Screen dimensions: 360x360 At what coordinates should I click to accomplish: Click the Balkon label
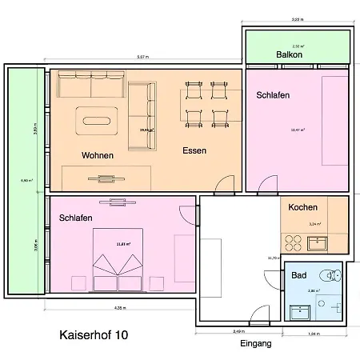click(288, 56)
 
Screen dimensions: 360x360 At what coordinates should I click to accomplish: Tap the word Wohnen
click(97, 154)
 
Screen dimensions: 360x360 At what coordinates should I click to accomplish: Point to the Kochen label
click(302, 207)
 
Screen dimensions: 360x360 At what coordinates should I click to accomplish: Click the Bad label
click(298, 274)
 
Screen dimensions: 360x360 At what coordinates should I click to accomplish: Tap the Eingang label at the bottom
click(256, 344)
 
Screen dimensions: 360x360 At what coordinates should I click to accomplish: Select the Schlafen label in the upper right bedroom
click(273, 95)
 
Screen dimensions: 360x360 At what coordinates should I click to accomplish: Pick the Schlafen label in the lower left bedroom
click(75, 218)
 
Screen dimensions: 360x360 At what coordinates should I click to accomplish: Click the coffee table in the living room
click(98, 122)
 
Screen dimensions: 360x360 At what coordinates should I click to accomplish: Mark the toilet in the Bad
click(334, 276)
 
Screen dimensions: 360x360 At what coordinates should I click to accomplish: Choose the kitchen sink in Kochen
click(316, 238)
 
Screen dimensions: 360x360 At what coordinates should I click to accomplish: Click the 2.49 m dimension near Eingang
click(238, 330)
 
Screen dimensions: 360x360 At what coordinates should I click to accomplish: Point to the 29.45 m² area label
click(146, 128)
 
